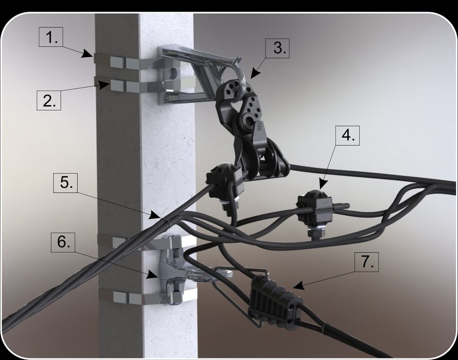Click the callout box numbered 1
pyautogui.click(x=51, y=37)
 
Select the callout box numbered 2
pyautogui.click(x=49, y=100)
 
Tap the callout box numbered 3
pyautogui.click(x=277, y=48)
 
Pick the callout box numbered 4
pyautogui.click(x=347, y=135)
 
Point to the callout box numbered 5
pyautogui.click(x=65, y=183)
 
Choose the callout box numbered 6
pyautogui.click(x=63, y=242)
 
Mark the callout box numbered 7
pyautogui.click(x=366, y=262)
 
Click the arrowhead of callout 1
pyautogui.click(x=88, y=54)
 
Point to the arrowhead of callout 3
pyautogui.click(x=255, y=74)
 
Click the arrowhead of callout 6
pyautogui.click(x=152, y=274)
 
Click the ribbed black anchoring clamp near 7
pyautogui.click(x=275, y=302)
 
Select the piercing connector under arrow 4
pyautogui.click(x=315, y=208)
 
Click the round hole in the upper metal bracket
pyautogui.click(x=173, y=73)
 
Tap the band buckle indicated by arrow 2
pyautogui.click(x=117, y=86)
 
